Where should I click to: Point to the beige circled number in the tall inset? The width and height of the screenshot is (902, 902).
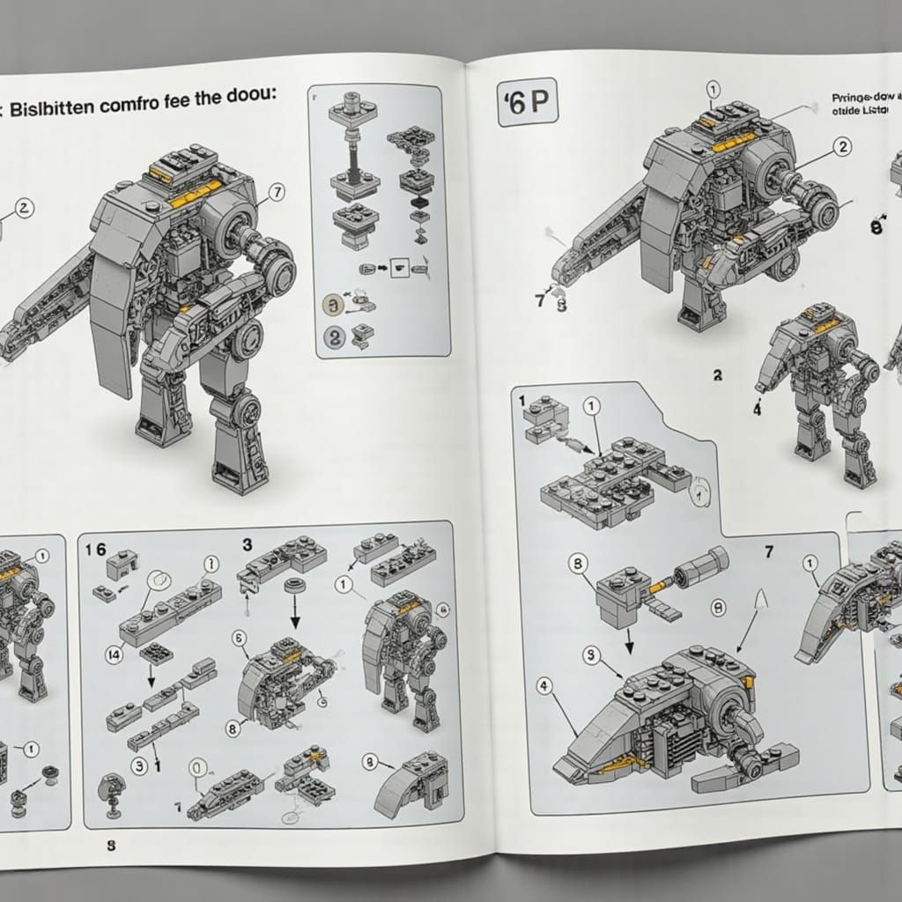[x=333, y=305]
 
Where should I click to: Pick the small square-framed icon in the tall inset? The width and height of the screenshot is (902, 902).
[x=399, y=267]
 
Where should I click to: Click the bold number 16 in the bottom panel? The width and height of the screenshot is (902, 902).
[x=95, y=548]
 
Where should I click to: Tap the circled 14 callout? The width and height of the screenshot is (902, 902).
[x=114, y=653]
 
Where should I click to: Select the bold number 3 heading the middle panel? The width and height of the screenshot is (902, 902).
[x=248, y=543]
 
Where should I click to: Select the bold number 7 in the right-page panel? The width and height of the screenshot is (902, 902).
[x=768, y=551]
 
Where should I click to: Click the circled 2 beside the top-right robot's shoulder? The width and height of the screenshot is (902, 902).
[x=843, y=147]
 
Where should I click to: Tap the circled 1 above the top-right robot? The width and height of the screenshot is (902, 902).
[x=713, y=89]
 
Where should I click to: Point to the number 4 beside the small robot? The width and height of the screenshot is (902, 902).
[x=757, y=409]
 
